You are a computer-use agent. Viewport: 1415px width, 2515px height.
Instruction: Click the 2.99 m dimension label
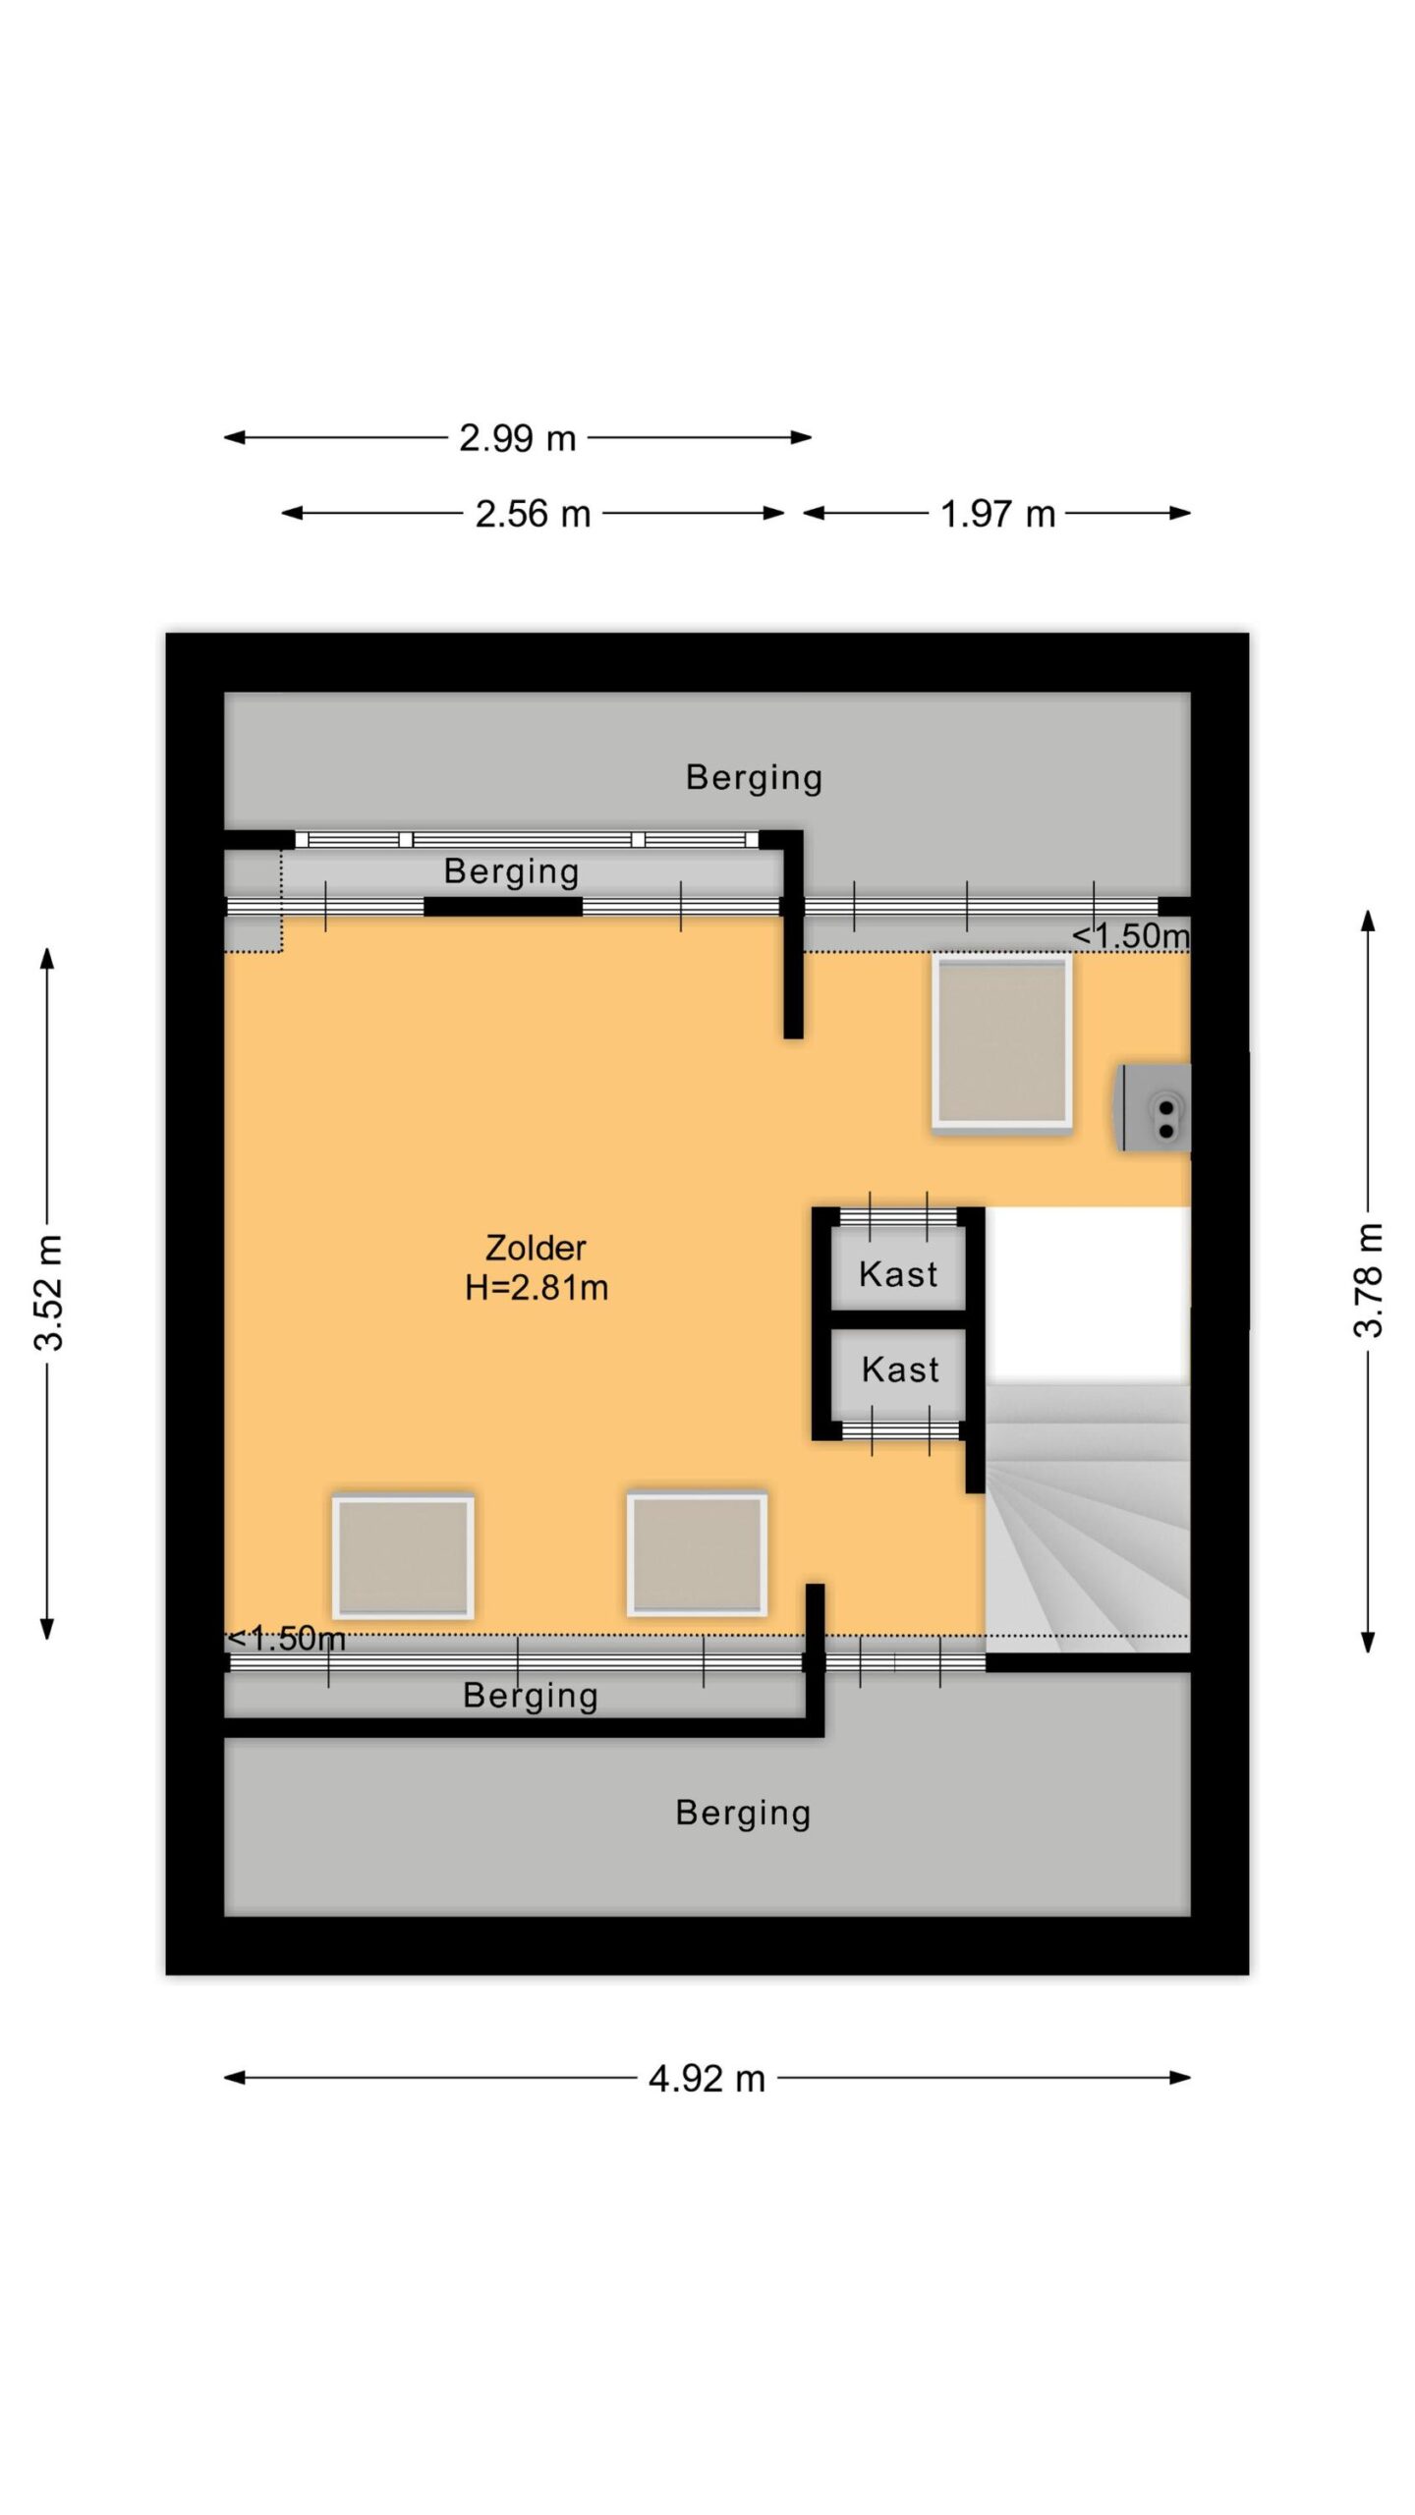tap(517, 438)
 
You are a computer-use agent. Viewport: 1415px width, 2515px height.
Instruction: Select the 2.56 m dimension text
tap(533, 514)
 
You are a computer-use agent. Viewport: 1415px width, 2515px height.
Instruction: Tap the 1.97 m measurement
tap(997, 514)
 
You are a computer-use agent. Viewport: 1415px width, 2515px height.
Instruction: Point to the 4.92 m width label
tap(707, 2079)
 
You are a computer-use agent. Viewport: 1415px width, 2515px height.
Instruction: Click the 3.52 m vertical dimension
tap(49, 1292)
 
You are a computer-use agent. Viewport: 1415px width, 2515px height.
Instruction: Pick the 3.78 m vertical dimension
tap(1368, 1280)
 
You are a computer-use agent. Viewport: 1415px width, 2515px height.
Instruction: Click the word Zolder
tap(536, 1248)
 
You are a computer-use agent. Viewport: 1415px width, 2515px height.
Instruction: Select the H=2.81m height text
tap(537, 1287)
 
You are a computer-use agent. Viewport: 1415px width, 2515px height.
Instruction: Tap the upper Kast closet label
tap(898, 1274)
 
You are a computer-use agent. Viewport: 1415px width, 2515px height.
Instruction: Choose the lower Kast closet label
tap(900, 1369)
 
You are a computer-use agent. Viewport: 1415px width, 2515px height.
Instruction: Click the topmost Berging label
tap(754, 778)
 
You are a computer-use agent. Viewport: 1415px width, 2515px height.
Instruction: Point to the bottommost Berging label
tap(743, 1814)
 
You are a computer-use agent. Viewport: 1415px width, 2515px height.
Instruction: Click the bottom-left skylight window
tap(403, 1556)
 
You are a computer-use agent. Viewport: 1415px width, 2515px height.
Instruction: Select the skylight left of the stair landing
tap(697, 1554)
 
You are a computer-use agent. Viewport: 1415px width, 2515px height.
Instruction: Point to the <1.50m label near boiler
tap(1130, 935)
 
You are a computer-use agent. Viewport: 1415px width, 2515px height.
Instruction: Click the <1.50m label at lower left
tap(286, 1639)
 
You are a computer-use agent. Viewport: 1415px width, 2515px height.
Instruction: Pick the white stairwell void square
tap(1088, 1295)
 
